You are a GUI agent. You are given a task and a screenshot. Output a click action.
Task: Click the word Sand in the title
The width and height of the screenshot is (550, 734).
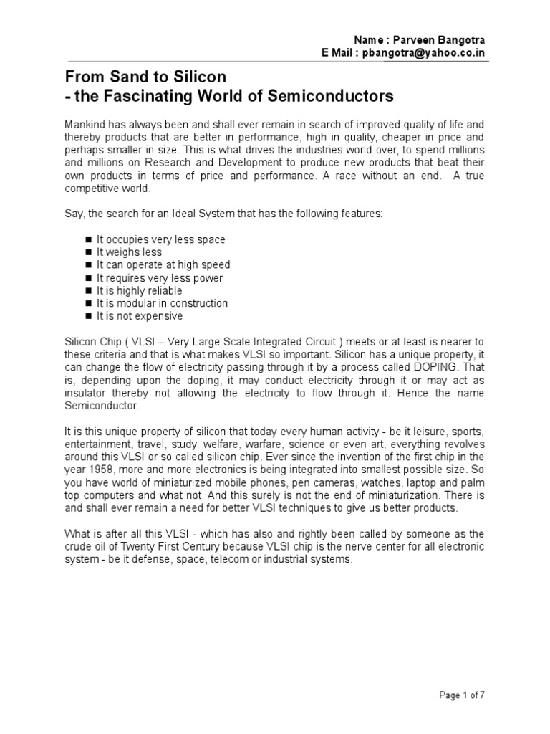point(120,77)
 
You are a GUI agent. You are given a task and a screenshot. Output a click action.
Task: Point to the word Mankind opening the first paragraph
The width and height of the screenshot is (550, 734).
point(87,123)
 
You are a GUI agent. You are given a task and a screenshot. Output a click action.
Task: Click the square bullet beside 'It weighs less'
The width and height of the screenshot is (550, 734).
point(88,252)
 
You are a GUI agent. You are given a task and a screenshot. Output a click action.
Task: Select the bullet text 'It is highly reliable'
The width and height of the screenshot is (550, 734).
point(140,290)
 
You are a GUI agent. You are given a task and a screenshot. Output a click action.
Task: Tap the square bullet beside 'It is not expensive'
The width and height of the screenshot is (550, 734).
point(88,316)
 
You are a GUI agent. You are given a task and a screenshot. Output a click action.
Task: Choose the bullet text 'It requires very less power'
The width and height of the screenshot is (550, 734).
point(160,277)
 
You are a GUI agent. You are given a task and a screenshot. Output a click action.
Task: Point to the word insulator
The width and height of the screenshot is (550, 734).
point(87,394)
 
